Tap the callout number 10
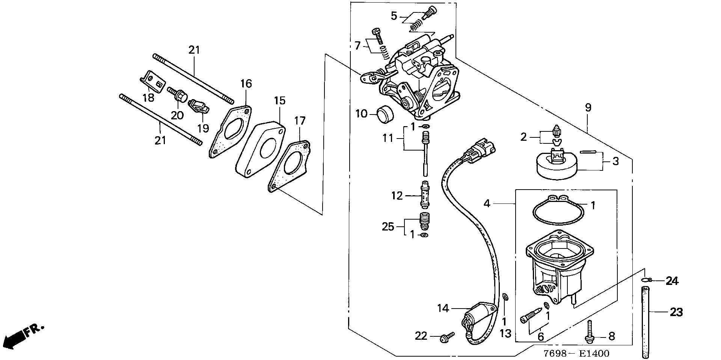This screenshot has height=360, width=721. point(361,113)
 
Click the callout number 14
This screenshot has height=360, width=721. point(443,309)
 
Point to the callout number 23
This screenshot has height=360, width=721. point(676,312)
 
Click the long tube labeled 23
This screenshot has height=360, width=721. point(645,322)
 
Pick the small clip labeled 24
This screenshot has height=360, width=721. point(647,280)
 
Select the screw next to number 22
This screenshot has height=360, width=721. point(447,336)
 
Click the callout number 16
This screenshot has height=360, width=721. point(246,83)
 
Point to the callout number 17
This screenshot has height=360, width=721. point(300,121)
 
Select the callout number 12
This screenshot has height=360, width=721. point(397,196)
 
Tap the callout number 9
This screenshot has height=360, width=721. point(588,108)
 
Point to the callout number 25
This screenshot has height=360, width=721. point(388,226)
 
